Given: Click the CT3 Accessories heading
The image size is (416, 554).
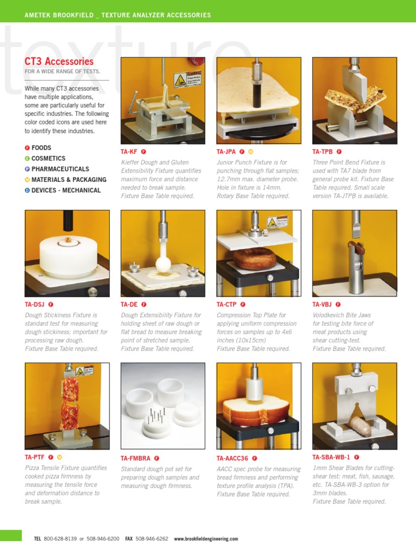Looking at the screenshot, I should click(59, 62).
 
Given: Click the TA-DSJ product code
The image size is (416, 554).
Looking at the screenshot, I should click(35, 305).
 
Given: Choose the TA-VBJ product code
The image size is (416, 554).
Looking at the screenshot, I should click(322, 305).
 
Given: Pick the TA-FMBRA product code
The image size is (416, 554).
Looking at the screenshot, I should click(135, 458).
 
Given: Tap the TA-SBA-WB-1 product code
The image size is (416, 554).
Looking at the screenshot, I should click(331, 457).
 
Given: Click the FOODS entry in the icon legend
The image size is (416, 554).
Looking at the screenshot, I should click(41, 148).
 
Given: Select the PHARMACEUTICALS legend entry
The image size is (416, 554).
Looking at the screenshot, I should click(60, 169).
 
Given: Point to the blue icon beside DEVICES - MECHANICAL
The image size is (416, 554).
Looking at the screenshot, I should click(27, 190).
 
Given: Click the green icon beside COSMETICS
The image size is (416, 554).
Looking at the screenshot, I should click(27, 159).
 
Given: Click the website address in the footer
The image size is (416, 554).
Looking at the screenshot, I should click(206, 539).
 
